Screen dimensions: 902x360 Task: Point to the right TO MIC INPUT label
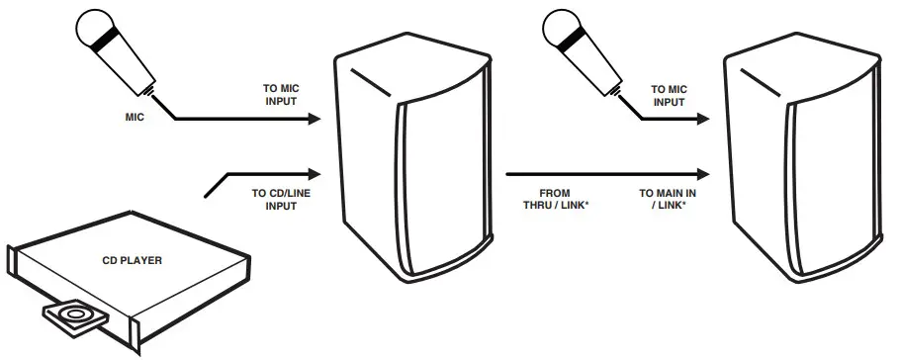coord(668,94)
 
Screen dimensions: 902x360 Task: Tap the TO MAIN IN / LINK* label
coord(664,198)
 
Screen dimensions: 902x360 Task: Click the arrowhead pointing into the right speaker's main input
coord(708,174)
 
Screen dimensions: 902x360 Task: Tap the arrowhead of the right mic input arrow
coord(708,119)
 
